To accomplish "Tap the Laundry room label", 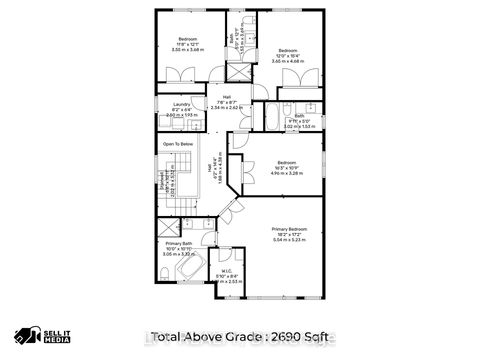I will pos(181,104).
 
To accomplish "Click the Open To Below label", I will pos(178,144).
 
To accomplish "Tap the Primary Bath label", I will pos(180,245).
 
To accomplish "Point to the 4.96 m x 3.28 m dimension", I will pos(288,173).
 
